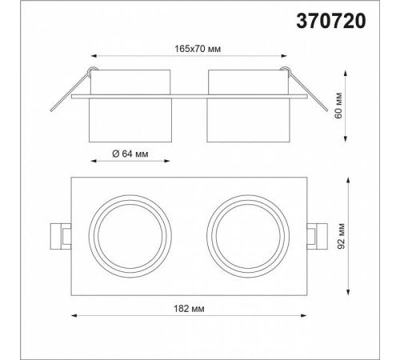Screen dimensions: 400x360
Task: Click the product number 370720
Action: pos(331,21)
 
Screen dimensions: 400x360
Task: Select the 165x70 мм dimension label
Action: pos(198,49)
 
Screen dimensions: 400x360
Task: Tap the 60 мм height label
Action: pos(338,106)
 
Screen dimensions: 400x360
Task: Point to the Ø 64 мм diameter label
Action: pos(130,154)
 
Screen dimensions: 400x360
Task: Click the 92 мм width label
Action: pos(342,236)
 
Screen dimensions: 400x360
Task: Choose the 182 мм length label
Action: pos(189,309)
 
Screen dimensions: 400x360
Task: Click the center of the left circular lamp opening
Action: pos(130,236)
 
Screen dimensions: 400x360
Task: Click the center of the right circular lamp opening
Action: pos(248,236)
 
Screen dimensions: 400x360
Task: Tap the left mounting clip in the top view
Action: pos(61,236)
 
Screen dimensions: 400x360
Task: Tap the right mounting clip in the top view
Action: pos(317,236)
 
